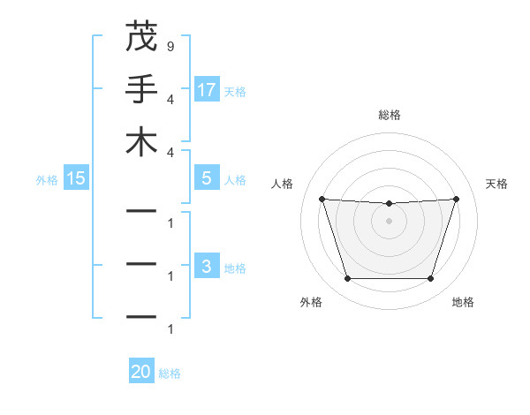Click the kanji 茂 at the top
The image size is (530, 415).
point(141,37)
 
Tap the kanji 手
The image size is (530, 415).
point(141,89)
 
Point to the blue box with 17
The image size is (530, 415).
point(207,89)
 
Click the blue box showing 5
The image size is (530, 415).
point(207,178)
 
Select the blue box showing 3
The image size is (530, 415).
point(207,267)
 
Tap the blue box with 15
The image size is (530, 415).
point(76,178)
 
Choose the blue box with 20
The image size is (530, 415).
point(141,372)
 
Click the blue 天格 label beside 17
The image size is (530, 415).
point(235,91)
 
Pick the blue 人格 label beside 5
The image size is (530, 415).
point(235,180)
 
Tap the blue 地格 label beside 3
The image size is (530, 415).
point(235,268)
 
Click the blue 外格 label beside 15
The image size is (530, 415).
point(47,180)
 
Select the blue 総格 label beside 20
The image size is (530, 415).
point(170,373)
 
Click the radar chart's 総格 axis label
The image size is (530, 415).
point(389,115)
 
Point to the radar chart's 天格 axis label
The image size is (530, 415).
point(497,184)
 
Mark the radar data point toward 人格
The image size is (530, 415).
point(322,200)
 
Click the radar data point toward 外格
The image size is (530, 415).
point(347,279)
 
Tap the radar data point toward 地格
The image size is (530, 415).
point(430,279)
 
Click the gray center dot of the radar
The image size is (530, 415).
point(389,222)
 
